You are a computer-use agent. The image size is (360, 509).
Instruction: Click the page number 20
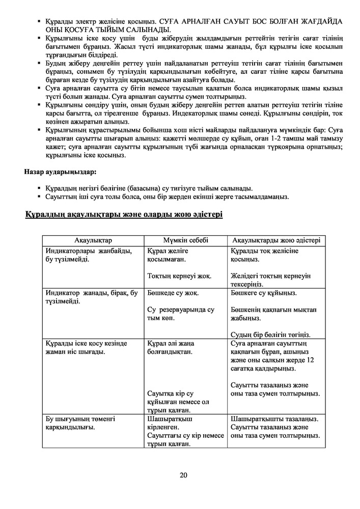184,475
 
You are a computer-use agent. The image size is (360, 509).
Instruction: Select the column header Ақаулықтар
93,240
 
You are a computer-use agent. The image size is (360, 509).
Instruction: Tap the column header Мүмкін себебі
185,240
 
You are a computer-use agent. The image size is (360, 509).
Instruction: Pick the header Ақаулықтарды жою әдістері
276,240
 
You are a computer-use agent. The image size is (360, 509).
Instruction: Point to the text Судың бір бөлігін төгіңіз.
270,334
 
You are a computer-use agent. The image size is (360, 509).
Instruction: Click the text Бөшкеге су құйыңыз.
264,293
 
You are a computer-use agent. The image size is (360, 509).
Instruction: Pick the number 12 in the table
311,360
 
